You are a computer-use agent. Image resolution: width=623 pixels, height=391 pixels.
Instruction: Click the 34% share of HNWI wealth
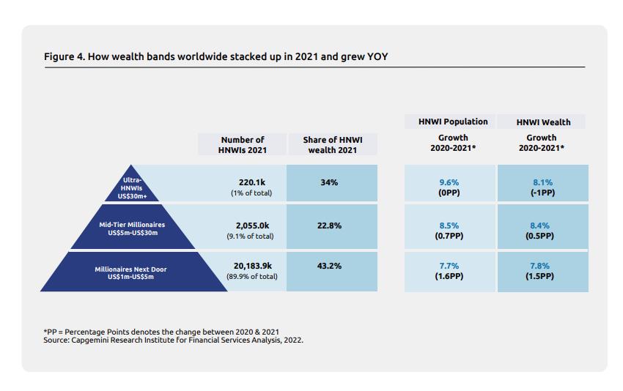(329, 182)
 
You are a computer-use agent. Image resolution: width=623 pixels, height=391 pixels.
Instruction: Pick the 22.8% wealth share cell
(329, 226)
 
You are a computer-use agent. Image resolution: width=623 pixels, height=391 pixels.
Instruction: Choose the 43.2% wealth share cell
(329, 266)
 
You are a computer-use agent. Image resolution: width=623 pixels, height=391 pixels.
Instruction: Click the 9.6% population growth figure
(449, 182)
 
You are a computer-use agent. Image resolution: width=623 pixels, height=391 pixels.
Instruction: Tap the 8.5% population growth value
(449, 226)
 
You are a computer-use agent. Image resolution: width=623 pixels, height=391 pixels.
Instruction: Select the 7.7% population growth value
(449, 266)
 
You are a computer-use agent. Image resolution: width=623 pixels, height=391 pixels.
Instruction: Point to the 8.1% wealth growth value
(542, 182)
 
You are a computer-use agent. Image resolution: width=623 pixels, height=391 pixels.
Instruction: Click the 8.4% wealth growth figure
(542, 226)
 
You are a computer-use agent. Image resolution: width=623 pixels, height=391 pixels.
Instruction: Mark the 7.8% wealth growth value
(542, 266)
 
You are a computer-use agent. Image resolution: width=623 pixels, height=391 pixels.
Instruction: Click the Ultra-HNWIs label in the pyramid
(133, 188)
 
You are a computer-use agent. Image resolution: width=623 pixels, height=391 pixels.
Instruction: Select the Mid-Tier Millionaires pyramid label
(132, 228)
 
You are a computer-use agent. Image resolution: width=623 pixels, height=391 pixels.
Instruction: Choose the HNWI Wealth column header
(542, 122)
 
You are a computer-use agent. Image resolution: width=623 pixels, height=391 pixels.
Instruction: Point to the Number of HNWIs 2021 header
(243, 144)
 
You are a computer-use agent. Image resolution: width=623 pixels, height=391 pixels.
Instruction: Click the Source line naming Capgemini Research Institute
(173, 340)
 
